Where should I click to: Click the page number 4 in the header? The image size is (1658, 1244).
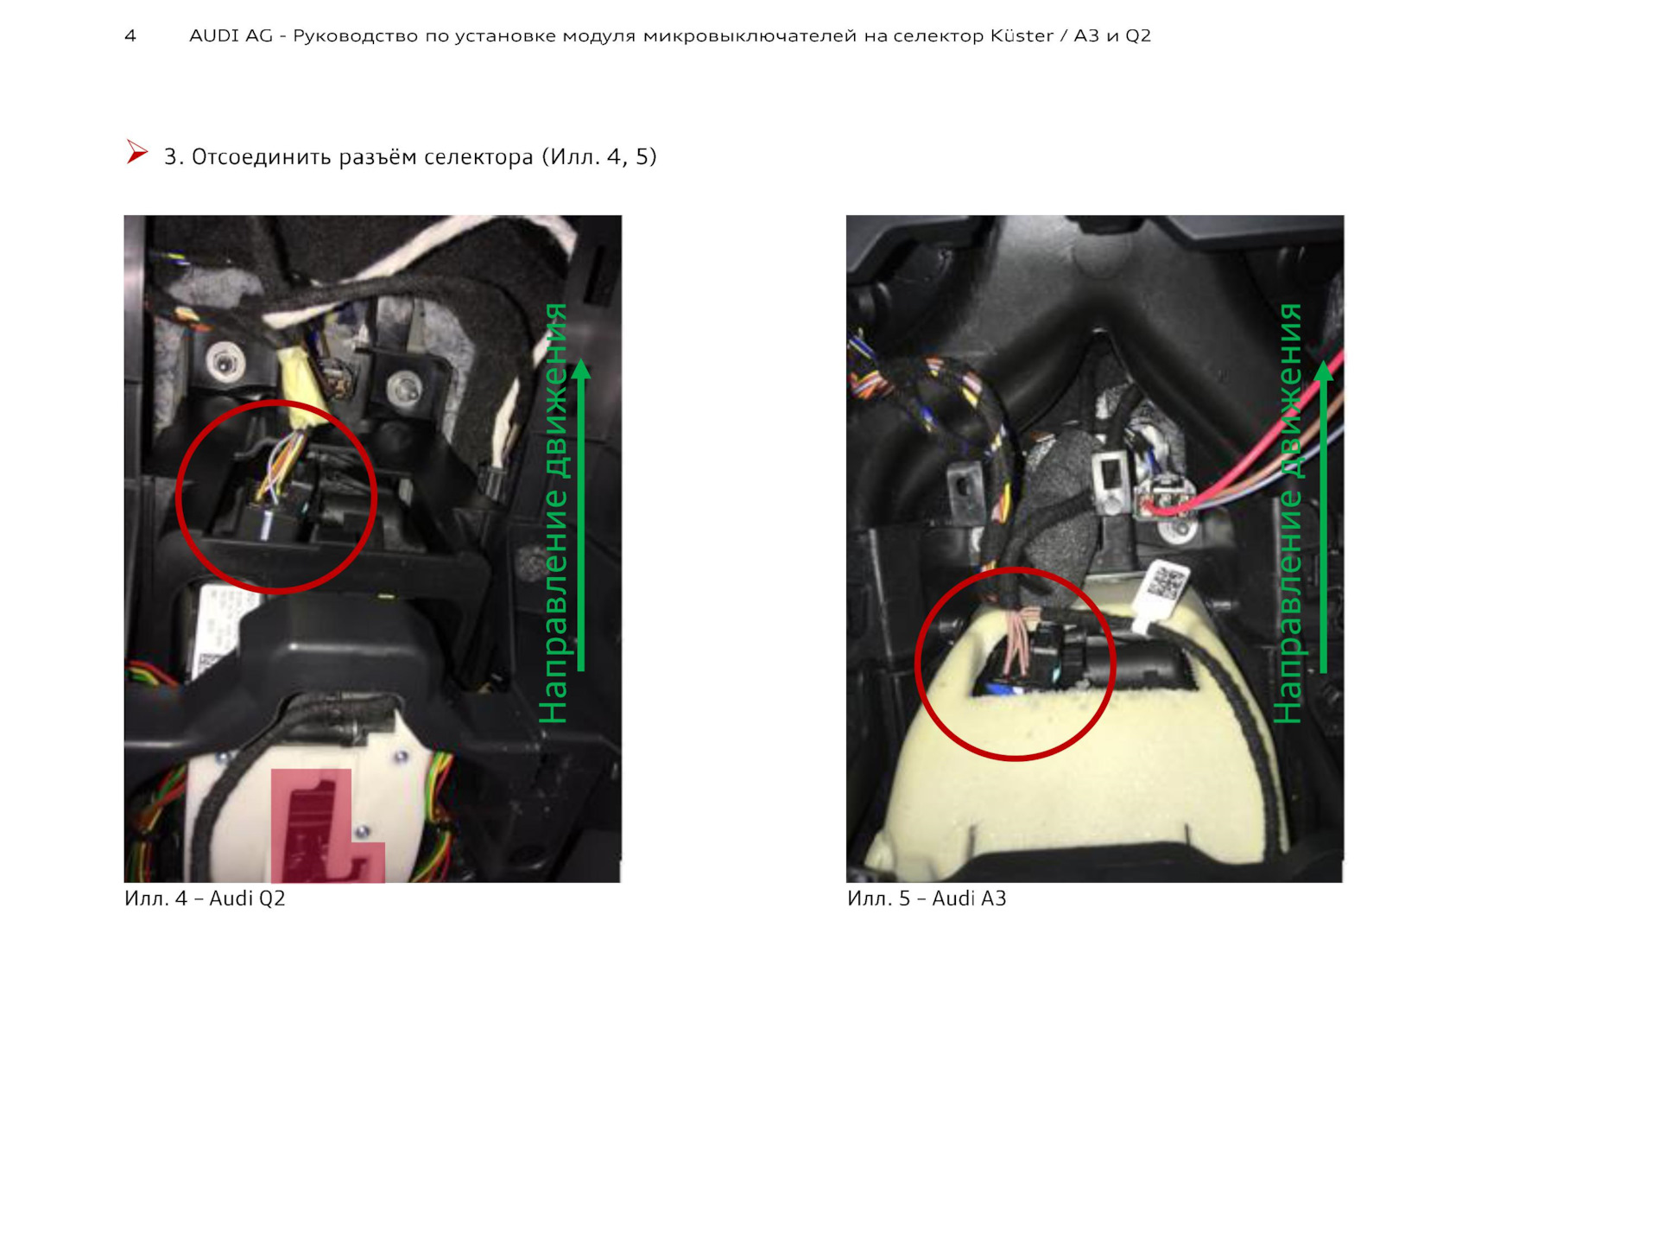[x=130, y=35]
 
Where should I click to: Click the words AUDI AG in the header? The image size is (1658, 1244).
[x=231, y=35]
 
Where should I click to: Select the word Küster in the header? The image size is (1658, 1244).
[x=1022, y=35]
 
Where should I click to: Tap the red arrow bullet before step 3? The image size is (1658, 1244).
[x=136, y=152]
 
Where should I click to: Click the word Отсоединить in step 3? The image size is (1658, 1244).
[x=261, y=157]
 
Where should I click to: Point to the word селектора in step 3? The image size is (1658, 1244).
[x=478, y=157]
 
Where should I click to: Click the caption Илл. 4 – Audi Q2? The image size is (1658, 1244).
[x=205, y=898]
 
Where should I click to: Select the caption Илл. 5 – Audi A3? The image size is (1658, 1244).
[x=927, y=898]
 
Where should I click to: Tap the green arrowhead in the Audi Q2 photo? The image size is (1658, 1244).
[x=581, y=370]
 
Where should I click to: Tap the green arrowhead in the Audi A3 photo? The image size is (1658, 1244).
[x=1324, y=371]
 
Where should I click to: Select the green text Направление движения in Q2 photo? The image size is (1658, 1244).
[x=554, y=513]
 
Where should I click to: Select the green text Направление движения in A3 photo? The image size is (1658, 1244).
[x=1288, y=513]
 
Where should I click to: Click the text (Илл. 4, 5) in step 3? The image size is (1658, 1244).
[x=599, y=157]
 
